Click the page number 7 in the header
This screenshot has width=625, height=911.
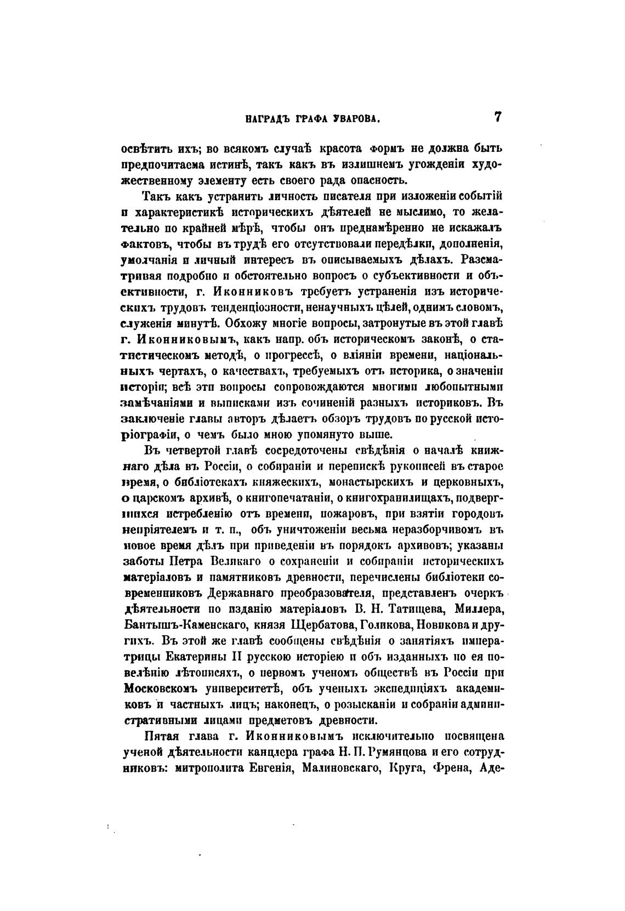tap(497, 116)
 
